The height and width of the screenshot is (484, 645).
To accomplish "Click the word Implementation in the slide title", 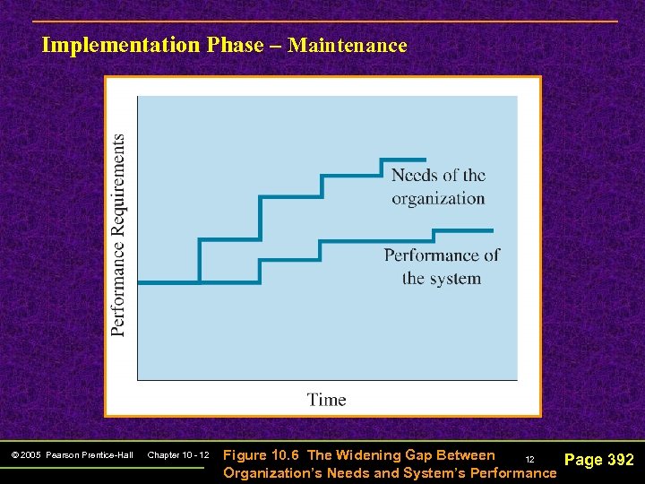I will click(119, 45).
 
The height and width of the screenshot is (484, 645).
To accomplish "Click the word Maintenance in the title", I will click(348, 45).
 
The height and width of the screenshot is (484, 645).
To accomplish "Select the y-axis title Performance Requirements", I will click(118, 235).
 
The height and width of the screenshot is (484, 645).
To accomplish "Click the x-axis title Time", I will click(326, 400).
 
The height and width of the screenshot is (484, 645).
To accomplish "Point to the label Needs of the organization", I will click(438, 186).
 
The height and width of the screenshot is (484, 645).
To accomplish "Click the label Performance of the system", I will click(442, 266).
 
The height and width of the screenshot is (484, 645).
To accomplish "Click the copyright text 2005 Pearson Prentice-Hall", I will click(73, 455).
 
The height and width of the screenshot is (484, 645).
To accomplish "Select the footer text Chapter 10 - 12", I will click(178, 455).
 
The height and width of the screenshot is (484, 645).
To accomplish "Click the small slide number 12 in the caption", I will click(529, 459).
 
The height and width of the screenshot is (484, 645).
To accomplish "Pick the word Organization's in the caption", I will click(272, 472).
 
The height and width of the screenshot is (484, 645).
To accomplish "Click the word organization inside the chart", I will click(438, 198).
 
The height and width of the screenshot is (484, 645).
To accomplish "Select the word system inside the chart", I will click(455, 278).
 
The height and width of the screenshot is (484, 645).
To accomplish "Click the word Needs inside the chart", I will click(415, 175).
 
